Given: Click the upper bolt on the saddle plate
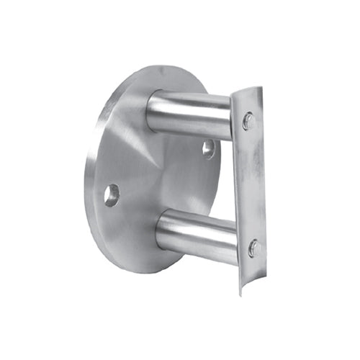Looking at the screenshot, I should pyautogui.click(x=249, y=121).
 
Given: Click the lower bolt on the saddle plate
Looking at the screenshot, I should pyautogui.click(x=254, y=249).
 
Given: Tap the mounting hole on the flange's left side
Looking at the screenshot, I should pyautogui.click(x=112, y=195).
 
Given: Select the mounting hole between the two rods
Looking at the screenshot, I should pyautogui.click(x=208, y=149).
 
